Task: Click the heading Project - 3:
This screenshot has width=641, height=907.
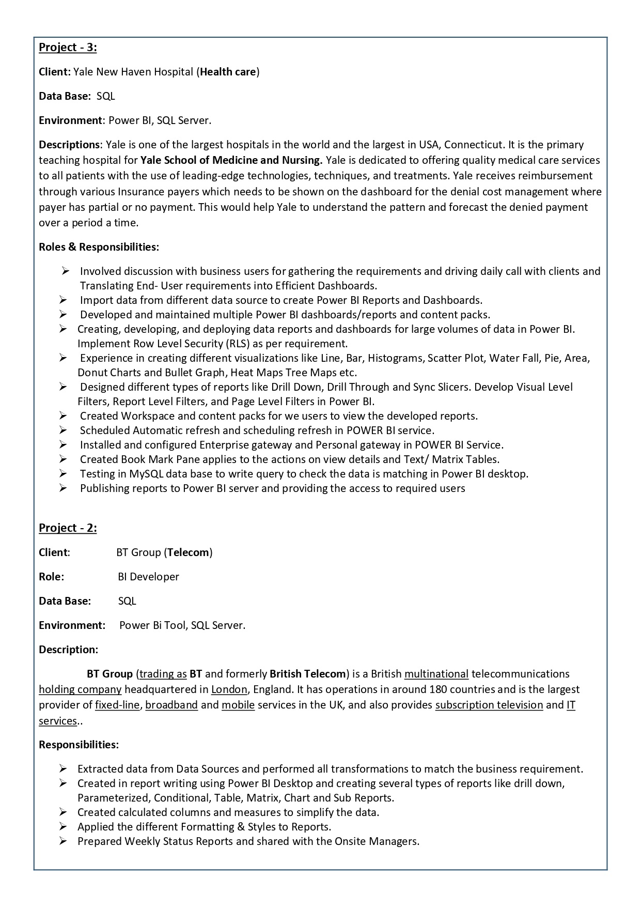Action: coord(68,48)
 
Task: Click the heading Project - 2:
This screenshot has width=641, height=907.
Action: coord(68,528)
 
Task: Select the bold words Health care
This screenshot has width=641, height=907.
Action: coord(228,72)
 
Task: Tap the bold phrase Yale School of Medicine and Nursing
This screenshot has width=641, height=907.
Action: coord(231,160)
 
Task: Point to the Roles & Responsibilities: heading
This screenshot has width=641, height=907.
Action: coord(99,247)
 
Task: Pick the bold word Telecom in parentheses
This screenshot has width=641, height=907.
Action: coord(188,552)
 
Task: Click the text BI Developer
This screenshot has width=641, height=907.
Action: coord(148,577)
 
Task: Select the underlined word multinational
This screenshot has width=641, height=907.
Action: coord(436,674)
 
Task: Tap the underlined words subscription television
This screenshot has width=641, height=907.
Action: coord(489,705)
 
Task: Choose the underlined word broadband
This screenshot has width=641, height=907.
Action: coord(171,705)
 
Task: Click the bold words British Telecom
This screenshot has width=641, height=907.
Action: coord(307,674)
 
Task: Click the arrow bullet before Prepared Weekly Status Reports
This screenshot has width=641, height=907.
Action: coord(63,841)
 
